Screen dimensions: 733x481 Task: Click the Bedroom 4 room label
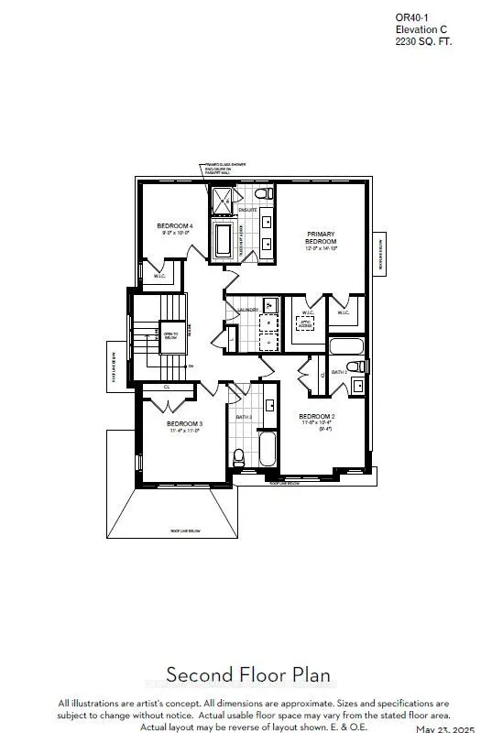(x=174, y=225)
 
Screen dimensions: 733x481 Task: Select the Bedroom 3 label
(x=184, y=424)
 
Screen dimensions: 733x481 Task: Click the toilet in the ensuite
(x=260, y=194)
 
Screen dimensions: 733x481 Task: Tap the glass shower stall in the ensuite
(x=223, y=199)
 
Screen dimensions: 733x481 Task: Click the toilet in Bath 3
(x=238, y=455)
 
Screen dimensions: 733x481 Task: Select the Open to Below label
(x=170, y=334)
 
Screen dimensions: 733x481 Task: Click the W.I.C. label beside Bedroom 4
(x=159, y=275)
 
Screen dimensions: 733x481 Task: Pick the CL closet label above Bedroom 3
(x=166, y=388)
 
